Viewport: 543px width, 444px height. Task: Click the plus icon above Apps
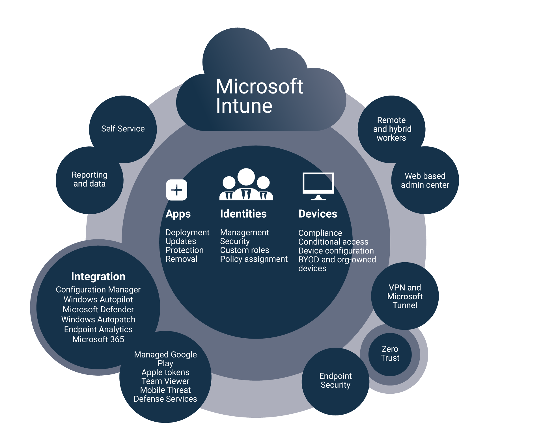click(x=176, y=190)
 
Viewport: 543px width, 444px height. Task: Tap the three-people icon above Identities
click(x=246, y=185)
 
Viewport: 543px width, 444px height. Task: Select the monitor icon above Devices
click(x=318, y=186)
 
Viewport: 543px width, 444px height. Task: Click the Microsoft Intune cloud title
click(x=259, y=96)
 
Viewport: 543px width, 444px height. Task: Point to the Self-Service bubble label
click(x=123, y=129)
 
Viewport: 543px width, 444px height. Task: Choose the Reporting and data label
click(x=89, y=179)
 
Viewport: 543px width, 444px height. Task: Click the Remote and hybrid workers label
click(x=392, y=129)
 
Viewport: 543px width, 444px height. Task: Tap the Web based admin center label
click(x=425, y=180)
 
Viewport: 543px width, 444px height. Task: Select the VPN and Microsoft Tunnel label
click(x=405, y=296)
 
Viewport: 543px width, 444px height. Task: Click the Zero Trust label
click(x=390, y=353)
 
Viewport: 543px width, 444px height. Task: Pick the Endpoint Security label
click(x=335, y=380)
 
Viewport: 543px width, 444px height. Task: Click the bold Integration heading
click(x=98, y=276)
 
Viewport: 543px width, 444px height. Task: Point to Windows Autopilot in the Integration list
click(x=98, y=299)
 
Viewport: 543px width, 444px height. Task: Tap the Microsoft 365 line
click(x=98, y=339)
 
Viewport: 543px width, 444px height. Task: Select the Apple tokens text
click(x=165, y=372)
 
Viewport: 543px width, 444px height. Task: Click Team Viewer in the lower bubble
click(x=165, y=381)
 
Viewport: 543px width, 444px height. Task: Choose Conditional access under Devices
click(x=333, y=242)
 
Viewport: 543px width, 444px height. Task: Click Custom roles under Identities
click(x=245, y=250)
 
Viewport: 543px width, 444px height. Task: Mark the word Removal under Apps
click(x=181, y=259)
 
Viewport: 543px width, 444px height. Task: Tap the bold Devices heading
click(x=318, y=214)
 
